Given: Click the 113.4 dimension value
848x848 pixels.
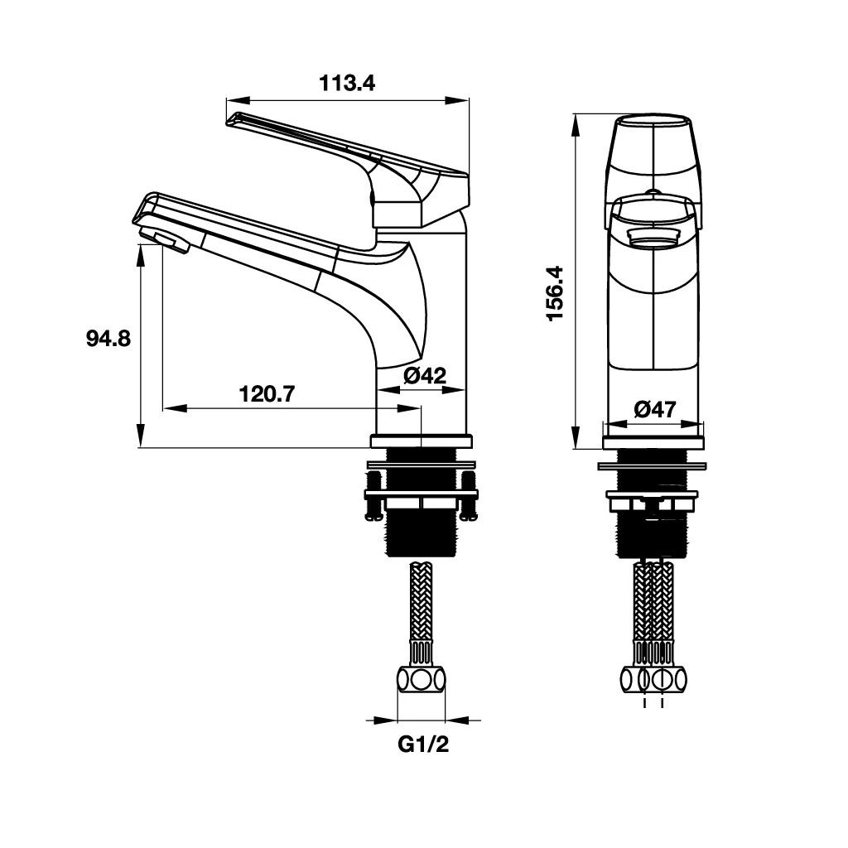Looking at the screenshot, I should (347, 83).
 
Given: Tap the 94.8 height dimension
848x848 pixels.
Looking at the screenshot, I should (108, 339).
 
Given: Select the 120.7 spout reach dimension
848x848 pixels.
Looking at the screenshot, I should (267, 393).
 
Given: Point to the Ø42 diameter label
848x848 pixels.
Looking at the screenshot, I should (425, 375).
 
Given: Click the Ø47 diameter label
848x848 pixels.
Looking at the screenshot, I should (655, 409).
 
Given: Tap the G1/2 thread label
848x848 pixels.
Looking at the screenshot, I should (423, 745).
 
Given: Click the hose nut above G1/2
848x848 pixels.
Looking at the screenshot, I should (422, 681).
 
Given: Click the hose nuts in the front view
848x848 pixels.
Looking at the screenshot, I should (654, 680).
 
